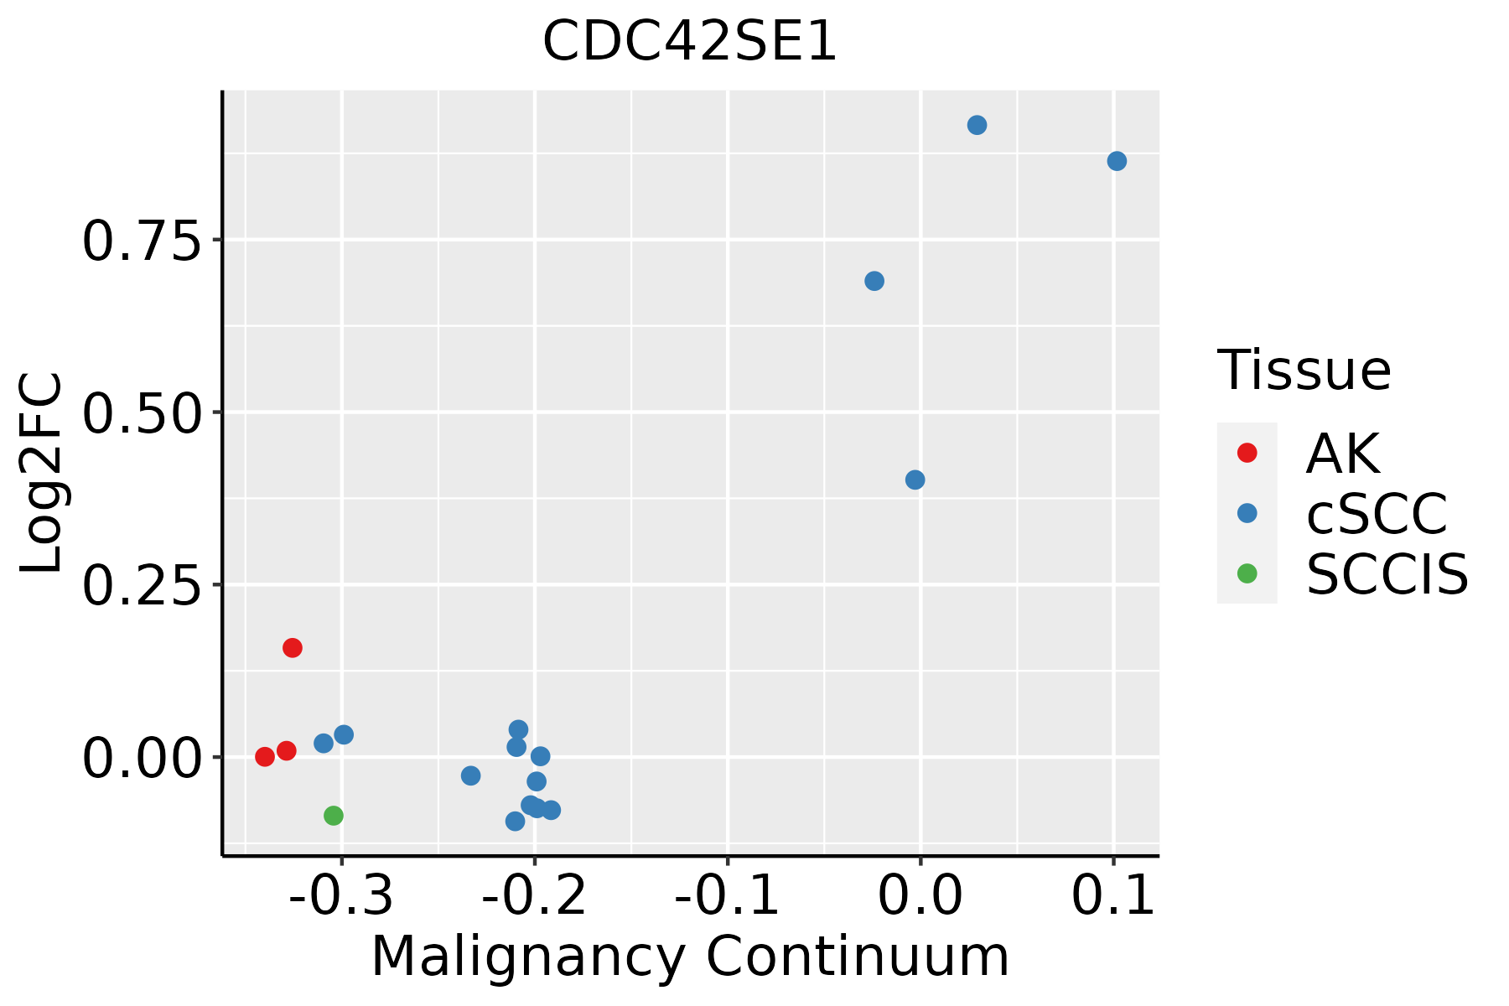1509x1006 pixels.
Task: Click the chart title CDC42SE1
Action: pos(689,42)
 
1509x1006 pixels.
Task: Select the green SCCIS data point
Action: pos(334,816)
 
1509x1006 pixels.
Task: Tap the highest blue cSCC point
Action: pos(977,125)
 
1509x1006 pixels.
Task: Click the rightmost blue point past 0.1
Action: pos(1117,161)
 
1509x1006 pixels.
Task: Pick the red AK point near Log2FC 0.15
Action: pos(293,647)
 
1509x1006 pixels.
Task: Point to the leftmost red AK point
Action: pos(265,757)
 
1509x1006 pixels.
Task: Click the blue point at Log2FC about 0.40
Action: pos(915,480)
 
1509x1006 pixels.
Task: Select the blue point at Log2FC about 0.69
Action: pos(874,281)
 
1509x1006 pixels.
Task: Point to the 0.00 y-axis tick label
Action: pos(142,759)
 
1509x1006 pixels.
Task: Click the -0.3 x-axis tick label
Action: pos(340,896)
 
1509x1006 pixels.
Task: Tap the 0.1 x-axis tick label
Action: pos(1113,896)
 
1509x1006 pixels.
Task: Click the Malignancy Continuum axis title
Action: pos(690,957)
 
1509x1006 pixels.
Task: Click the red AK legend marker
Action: pos(1247,453)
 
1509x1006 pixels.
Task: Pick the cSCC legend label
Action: pos(1377,513)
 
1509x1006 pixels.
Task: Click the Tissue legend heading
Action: pos(1304,370)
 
